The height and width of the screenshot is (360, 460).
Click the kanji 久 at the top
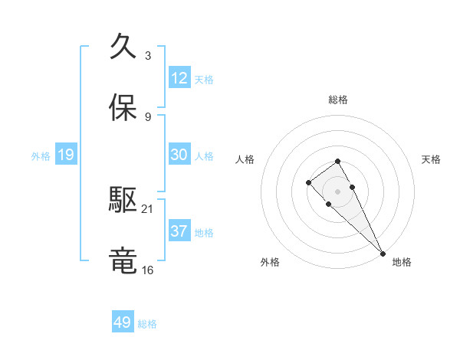pyautogui.click(x=123, y=47)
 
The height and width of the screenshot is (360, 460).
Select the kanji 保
pyautogui.click(x=123, y=108)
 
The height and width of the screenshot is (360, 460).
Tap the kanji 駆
pyautogui.click(x=123, y=201)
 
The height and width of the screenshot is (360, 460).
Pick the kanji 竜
pyautogui.click(x=123, y=261)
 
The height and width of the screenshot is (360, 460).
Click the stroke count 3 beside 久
pyautogui.click(x=147, y=55)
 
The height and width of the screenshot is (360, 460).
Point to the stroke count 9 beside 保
pyautogui.click(x=147, y=116)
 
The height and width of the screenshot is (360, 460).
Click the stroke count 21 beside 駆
pyautogui.click(x=148, y=208)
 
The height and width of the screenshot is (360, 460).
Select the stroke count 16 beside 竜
pyautogui.click(x=148, y=270)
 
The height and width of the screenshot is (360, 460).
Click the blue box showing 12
pyautogui.click(x=179, y=78)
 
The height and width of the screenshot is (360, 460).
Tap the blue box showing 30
pyautogui.click(x=179, y=155)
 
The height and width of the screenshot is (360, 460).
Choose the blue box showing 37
pyautogui.click(x=179, y=231)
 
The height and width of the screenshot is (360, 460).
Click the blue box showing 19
pyautogui.click(x=66, y=155)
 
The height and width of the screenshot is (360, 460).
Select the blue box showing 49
pyautogui.click(x=123, y=322)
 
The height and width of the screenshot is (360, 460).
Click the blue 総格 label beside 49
pyautogui.click(x=147, y=324)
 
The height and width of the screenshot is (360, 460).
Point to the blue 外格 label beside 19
pyautogui.click(x=41, y=156)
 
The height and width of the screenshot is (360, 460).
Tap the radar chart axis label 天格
pyautogui.click(x=432, y=159)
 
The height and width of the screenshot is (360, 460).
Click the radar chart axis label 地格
pyautogui.click(x=402, y=262)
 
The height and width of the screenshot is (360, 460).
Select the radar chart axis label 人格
pyautogui.click(x=244, y=159)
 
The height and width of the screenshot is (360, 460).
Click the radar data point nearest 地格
pyautogui.click(x=382, y=253)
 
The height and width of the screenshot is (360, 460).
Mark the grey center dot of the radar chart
pyautogui.click(x=337, y=191)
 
